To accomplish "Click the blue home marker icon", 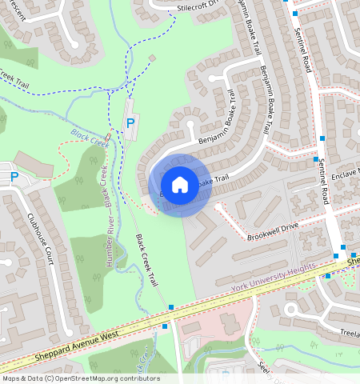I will [180, 184].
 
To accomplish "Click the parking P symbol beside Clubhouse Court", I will [14, 178].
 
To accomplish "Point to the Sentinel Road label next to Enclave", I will [322, 179].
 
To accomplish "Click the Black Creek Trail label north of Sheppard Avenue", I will [146, 261].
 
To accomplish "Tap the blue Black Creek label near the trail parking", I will [89, 137].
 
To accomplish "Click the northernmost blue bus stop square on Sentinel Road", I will [294, 14].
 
